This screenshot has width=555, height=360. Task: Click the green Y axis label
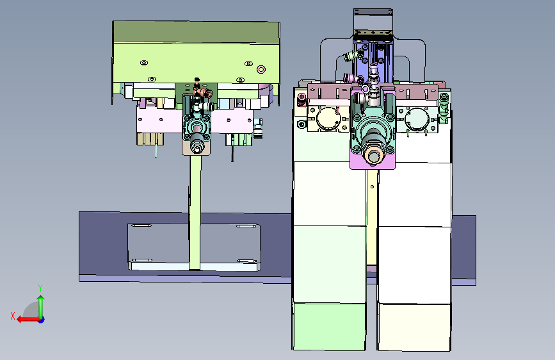coord(40,288)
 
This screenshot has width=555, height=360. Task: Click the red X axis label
coord(13,316)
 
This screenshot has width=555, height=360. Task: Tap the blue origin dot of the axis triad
coord(42,320)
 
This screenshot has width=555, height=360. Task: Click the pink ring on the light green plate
coord(261,69)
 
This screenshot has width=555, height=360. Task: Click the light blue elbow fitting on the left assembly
coord(259,129)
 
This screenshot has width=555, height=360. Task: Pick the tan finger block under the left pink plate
coord(150,138)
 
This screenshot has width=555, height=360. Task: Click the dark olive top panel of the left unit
coord(196,32)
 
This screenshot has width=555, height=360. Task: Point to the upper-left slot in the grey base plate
coord(141,225)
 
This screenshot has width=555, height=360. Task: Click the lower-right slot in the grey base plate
coord(246,261)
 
